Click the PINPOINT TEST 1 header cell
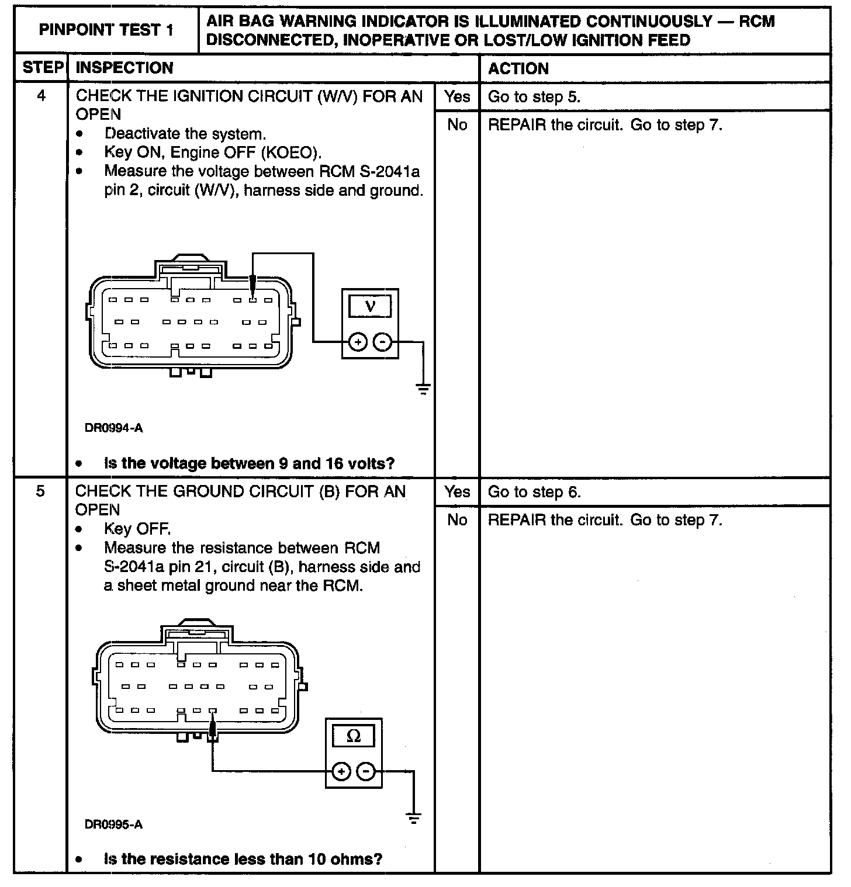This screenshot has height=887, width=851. (x=106, y=30)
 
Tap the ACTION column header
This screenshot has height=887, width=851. (x=518, y=68)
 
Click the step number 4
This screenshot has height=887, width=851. (x=41, y=96)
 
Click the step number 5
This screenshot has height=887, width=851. (x=40, y=491)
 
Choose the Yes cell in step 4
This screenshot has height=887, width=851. (x=456, y=96)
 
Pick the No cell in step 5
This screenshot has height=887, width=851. (x=456, y=519)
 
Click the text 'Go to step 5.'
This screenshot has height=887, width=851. (x=534, y=97)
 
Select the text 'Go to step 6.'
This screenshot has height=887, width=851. (x=534, y=492)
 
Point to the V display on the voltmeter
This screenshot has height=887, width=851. (x=370, y=306)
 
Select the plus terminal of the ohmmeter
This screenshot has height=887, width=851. (x=341, y=771)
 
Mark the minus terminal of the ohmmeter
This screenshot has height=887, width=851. (x=366, y=771)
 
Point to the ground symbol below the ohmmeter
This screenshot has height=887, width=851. (x=414, y=817)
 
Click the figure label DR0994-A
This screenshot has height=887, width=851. (x=113, y=428)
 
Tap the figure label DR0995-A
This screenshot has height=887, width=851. (x=113, y=824)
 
